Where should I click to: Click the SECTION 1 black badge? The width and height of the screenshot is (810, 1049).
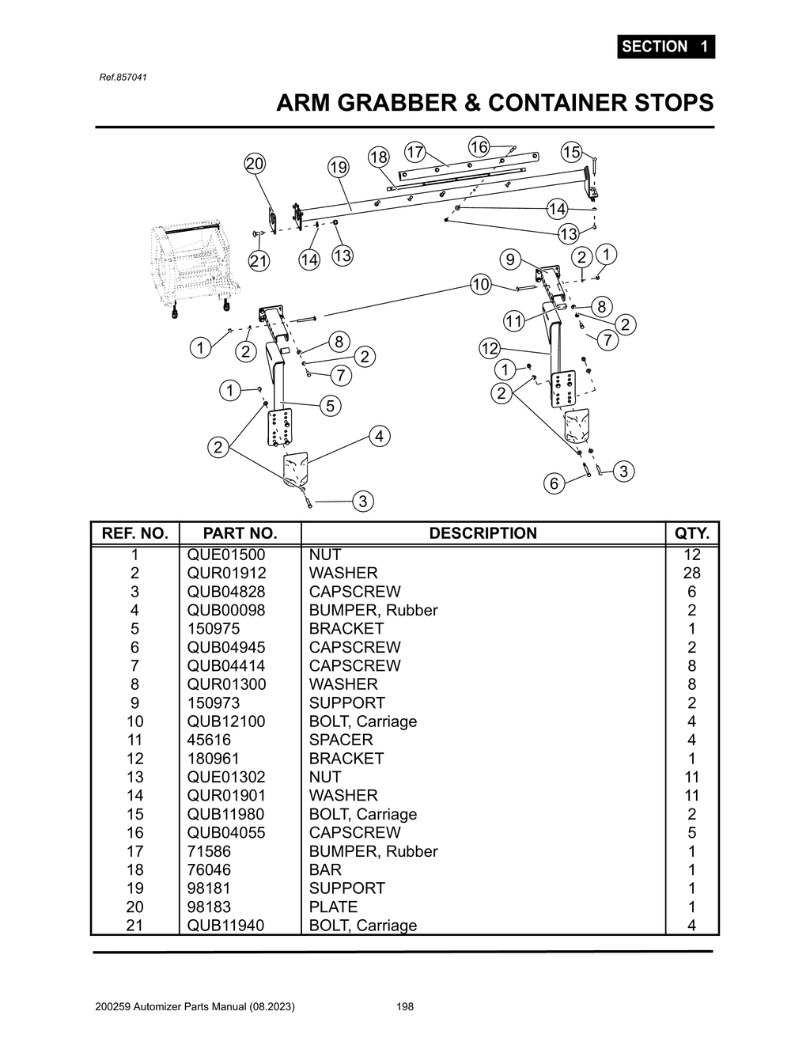point(665,47)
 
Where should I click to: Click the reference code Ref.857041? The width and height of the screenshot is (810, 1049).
point(123,78)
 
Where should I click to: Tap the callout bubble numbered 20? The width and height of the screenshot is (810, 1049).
point(255,164)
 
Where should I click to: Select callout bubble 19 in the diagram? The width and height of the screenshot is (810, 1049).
point(338,168)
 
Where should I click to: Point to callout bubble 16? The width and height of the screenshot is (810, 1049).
point(479,146)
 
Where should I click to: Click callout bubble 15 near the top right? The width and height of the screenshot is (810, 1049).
point(571,152)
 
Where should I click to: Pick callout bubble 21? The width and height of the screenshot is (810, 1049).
point(259,261)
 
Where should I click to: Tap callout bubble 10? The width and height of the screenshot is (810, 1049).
point(481,284)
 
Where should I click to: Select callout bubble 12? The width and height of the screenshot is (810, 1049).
point(490,348)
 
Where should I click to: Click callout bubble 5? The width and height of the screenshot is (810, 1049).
point(331,406)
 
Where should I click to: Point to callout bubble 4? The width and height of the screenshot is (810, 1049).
point(380,436)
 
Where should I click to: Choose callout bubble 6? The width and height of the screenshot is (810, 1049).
point(554,483)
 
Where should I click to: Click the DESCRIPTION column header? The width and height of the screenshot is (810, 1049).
point(483,533)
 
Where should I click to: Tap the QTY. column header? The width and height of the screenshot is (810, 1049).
point(691,533)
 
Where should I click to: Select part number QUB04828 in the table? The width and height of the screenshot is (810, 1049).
point(226,592)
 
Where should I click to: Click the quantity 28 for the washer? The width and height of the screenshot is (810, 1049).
point(691,574)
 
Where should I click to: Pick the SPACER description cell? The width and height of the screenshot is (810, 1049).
point(341,740)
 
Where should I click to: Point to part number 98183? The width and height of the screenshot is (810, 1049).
point(209,907)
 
